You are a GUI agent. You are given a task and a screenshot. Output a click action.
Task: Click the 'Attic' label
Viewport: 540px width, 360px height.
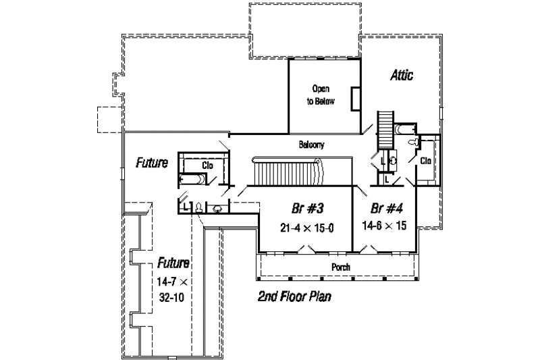[402, 76]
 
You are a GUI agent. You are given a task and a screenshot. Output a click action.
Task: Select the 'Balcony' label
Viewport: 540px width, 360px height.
[312, 145]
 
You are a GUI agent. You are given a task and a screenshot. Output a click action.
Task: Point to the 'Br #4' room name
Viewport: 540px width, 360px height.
[383, 208]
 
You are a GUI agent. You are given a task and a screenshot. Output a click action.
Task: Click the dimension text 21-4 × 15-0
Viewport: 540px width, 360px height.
[306, 228]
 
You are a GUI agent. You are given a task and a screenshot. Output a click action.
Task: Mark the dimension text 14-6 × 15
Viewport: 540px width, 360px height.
[383, 226]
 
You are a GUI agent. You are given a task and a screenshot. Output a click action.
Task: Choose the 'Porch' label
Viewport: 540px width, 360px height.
[340, 267]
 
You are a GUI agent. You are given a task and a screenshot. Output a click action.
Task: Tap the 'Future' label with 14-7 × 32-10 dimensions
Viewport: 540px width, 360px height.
[173, 262]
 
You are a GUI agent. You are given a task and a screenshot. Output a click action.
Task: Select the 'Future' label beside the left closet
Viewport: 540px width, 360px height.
[152, 163]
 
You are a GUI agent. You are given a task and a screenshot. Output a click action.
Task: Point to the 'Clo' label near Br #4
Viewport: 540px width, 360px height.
[426, 161]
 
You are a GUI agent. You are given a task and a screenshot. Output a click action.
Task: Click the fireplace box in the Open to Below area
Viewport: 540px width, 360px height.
[355, 98]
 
